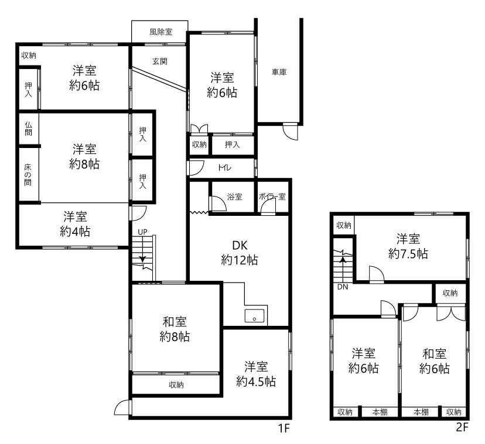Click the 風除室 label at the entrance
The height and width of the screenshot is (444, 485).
click(161, 32)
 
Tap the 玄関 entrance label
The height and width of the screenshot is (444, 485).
click(160, 61)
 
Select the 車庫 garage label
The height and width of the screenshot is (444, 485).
click(279, 72)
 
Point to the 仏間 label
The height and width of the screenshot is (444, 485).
click(28, 129)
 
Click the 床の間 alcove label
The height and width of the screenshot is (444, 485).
click(28, 174)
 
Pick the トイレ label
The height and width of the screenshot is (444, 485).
click(224, 168)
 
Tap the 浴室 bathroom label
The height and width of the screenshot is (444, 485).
click(234, 197)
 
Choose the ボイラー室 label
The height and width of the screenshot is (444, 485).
click(272, 197)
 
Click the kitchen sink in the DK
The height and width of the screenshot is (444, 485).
click(255, 316)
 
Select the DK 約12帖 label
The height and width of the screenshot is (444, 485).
click(240, 253)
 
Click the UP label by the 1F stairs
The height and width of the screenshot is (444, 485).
click(142, 232)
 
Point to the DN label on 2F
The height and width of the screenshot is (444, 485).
click(343, 287)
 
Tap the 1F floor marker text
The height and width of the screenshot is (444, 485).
click(284, 429)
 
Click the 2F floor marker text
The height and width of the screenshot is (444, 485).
click(462, 427)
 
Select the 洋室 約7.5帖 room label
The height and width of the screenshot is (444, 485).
click(408, 246)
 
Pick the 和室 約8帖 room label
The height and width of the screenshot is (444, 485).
click(175, 329)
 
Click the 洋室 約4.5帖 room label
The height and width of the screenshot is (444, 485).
click(256, 374)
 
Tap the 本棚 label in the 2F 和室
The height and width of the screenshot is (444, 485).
click(421, 412)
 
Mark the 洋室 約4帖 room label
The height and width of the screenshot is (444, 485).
click(75, 223)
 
